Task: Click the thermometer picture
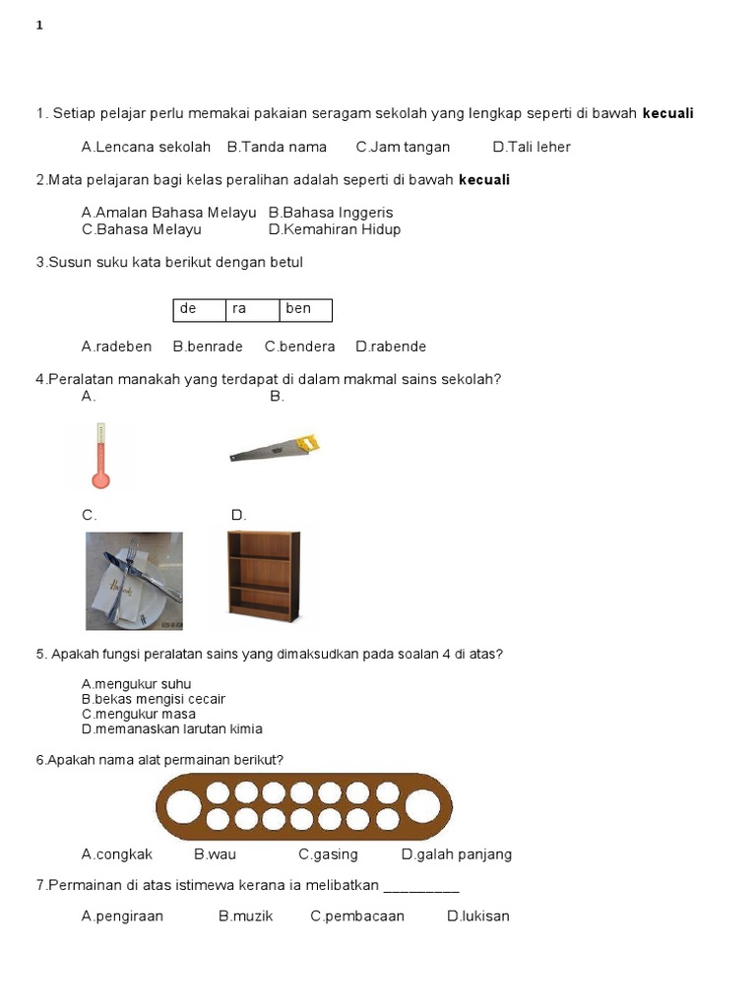pyautogui.click(x=99, y=456)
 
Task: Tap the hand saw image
pyautogui.click(x=275, y=448)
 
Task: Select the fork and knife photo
pyautogui.click(x=134, y=581)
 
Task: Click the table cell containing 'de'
pyautogui.click(x=199, y=310)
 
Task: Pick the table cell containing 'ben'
pyautogui.click(x=305, y=310)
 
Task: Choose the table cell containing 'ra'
pyautogui.click(x=252, y=310)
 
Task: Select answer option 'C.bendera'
pyautogui.click(x=299, y=346)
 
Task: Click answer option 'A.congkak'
pyautogui.click(x=116, y=854)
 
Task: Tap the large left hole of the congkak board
pyautogui.click(x=182, y=807)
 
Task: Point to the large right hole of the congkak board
pyautogui.click(x=423, y=807)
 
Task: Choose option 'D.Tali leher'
pyautogui.click(x=532, y=148)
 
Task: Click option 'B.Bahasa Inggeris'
pyautogui.click(x=330, y=213)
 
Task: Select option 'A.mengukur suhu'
pyautogui.click(x=136, y=684)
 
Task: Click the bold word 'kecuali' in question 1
pyautogui.click(x=667, y=114)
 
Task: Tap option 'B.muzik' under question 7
pyautogui.click(x=245, y=916)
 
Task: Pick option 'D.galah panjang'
pyautogui.click(x=457, y=854)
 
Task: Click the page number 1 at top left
pyautogui.click(x=39, y=27)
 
